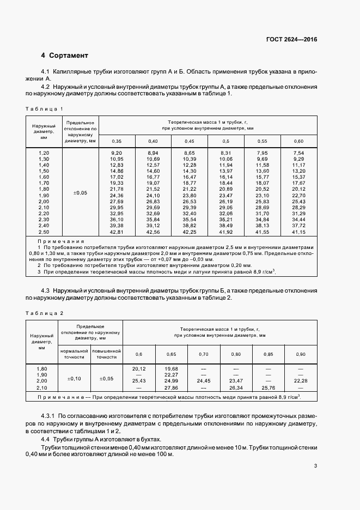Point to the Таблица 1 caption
pos(48,108)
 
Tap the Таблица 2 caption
pos(48,313)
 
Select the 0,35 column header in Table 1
pos(116,142)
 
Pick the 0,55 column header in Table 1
pos(263,142)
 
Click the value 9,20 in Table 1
pos(116,153)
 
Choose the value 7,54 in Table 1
pos(298,153)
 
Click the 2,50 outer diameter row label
pos(44,232)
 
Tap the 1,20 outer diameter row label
pos(44,153)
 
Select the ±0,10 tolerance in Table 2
pos(74,378)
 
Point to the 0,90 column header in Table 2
pos(301,354)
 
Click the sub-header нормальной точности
pos(74,355)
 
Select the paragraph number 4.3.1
pos(50,416)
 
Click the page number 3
pos(316,465)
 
